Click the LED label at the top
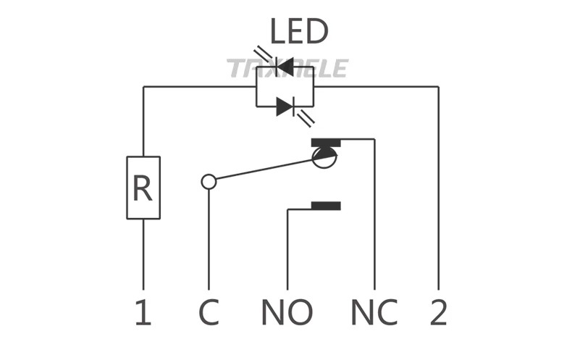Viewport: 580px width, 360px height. [299, 31]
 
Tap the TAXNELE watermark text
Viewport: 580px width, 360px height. [287, 68]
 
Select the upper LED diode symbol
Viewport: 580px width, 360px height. [285, 67]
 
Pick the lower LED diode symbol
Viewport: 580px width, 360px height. [285, 106]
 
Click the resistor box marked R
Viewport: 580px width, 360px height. [143, 188]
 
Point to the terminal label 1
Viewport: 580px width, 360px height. [143, 312]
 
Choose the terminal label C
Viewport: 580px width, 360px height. [209, 312]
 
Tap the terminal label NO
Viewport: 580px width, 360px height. [287, 312]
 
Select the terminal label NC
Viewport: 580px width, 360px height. [374, 312]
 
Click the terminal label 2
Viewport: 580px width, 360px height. [438, 312]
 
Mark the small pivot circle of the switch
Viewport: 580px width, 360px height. [209, 182]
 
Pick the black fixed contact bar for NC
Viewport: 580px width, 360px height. [326, 143]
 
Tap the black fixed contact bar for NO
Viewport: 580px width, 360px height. [326, 206]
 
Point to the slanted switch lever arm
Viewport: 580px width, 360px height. [264, 169]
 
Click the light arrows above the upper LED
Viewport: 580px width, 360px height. [263, 54]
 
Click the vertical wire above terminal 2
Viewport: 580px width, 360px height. [438, 188]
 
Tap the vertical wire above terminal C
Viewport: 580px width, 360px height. [209, 239]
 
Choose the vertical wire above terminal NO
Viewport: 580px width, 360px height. [287, 250]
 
